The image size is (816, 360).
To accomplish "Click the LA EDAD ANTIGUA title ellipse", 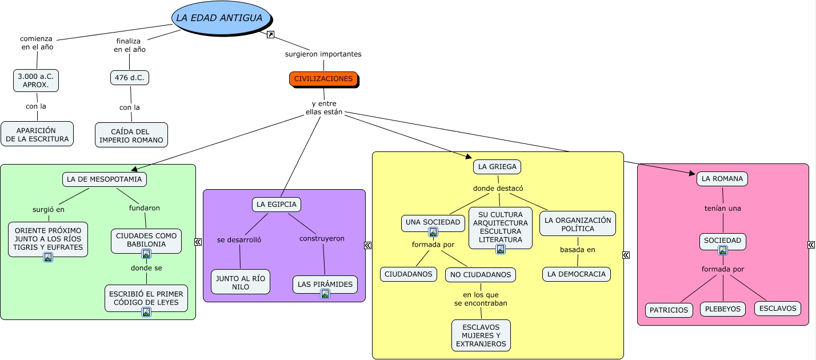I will pyautogui.click(x=219, y=18).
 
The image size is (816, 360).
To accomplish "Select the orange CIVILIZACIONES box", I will pyautogui.click(x=323, y=79).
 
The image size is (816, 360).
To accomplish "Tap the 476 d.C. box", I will pyautogui.click(x=130, y=78).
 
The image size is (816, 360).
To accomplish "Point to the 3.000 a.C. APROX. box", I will pyautogui.click(x=36, y=81).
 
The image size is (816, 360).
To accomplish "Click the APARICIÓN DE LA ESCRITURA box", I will pyautogui.click(x=37, y=134).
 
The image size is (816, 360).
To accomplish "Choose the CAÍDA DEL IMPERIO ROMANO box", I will pyautogui.click(x=131, y=135).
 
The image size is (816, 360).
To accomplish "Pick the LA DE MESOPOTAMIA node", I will pyautogui.click(x=105, y=179).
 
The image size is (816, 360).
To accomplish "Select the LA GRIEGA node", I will pyautogui.click(x=497, y=167).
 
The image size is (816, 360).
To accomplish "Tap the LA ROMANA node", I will pyautogui.click(x=722, y=179).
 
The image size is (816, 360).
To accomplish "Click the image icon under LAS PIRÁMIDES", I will pyautogui.click(x=325, y=294).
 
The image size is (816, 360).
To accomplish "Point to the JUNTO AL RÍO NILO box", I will pyautogui.click(x=241, y=282).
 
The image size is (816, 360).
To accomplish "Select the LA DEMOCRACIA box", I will pyautogui.click(x=577, y=274).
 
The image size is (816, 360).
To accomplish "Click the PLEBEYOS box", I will pyautogui.click(x=723, y=309).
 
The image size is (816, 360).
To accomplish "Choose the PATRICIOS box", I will pyautogui.click(x=669, y=310).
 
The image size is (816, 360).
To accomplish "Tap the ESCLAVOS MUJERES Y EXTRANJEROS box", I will pyautogui.click(x=481, y=335).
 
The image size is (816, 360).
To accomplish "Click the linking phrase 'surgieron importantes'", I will pyautogui.click(x=323, y=54).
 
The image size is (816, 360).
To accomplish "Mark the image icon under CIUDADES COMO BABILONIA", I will pyautogui.click(x=146, y=254).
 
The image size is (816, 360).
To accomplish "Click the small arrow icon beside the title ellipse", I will pyautogui.click(x=271, y=35).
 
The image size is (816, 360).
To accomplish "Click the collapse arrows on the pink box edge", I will pyautogui.click(x=811, y=245).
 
